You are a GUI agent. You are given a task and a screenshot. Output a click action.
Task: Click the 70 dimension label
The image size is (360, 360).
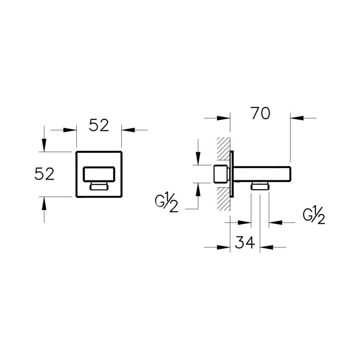[260, 113]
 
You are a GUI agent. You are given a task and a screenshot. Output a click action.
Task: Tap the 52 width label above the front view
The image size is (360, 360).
[99, 126]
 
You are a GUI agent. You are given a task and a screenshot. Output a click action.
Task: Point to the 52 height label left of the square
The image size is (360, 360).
[44, 174]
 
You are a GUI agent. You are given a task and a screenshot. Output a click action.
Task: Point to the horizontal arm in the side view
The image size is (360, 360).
[262, 174]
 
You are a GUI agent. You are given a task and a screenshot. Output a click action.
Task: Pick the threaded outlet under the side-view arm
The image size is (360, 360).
[260, 186]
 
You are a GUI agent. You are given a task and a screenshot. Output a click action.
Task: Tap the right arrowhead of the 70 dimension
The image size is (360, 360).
[296, 118]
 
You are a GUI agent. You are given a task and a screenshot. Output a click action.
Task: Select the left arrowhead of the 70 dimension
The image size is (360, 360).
[224, 118]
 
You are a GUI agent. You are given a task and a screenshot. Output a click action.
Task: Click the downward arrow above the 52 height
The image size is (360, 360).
[44, 145]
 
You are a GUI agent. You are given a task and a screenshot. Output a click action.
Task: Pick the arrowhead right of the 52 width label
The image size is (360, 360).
[127, 130]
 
